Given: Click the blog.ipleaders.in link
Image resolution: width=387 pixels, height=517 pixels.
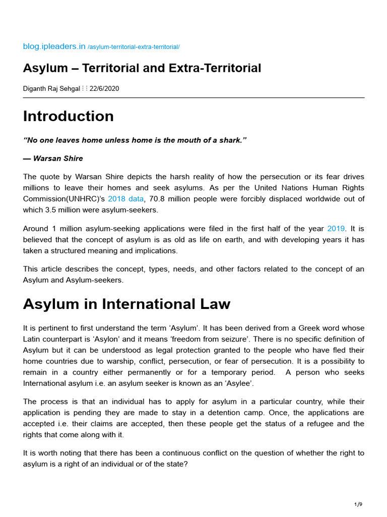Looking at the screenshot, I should (x=54, y=46).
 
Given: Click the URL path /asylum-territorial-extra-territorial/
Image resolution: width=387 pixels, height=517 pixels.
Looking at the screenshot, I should (x=134, y=47).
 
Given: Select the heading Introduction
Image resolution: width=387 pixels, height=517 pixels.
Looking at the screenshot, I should (x=69, y=116).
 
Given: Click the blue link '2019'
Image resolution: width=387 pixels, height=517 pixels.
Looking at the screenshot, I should (x=336, y=228).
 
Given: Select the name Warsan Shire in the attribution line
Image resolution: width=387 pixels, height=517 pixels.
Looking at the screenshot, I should (x=58, y=159).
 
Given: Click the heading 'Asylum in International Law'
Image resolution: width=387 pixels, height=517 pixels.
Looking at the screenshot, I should (x=126, y=304).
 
